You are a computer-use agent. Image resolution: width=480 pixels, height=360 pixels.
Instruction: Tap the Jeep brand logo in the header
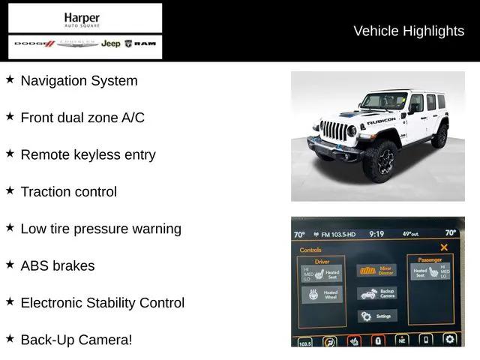click(x=111, y=44)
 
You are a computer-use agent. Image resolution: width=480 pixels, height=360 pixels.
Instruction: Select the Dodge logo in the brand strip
click(x=34, y=44)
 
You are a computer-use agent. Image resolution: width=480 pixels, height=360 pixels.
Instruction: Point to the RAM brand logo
click(x=140, y=44)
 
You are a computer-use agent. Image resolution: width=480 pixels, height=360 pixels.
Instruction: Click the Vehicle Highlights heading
click(x=409, y=31)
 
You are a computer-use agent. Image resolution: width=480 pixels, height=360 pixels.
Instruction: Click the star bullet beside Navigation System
click(x=10, y=79)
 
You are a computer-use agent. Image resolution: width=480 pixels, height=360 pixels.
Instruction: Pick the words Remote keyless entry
click(x=88, y=154)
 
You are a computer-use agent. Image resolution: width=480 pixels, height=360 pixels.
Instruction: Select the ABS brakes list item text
click(x=58, y=265)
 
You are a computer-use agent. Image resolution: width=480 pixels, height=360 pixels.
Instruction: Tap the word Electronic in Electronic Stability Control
click(x=53, y=303)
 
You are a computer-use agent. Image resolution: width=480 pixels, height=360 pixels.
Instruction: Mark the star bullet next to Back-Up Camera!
click(x=10, y=339)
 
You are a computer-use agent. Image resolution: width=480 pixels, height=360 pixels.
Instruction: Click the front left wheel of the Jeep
click(x=381, y=161)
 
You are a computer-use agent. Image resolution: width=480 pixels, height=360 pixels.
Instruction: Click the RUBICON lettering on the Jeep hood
click(x=381, y=120)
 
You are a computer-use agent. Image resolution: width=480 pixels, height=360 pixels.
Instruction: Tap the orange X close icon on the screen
click(x=444, y=247)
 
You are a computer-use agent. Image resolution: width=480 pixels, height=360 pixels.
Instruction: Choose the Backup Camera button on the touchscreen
click(x=378, y=293)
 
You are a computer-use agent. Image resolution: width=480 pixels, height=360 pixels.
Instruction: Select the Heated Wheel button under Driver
click(x=322, y=295)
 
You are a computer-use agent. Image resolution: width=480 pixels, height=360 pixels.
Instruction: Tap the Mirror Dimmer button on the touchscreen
click(x=378, y=270)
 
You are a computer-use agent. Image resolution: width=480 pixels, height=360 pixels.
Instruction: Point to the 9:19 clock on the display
click(x=376, y=234)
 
